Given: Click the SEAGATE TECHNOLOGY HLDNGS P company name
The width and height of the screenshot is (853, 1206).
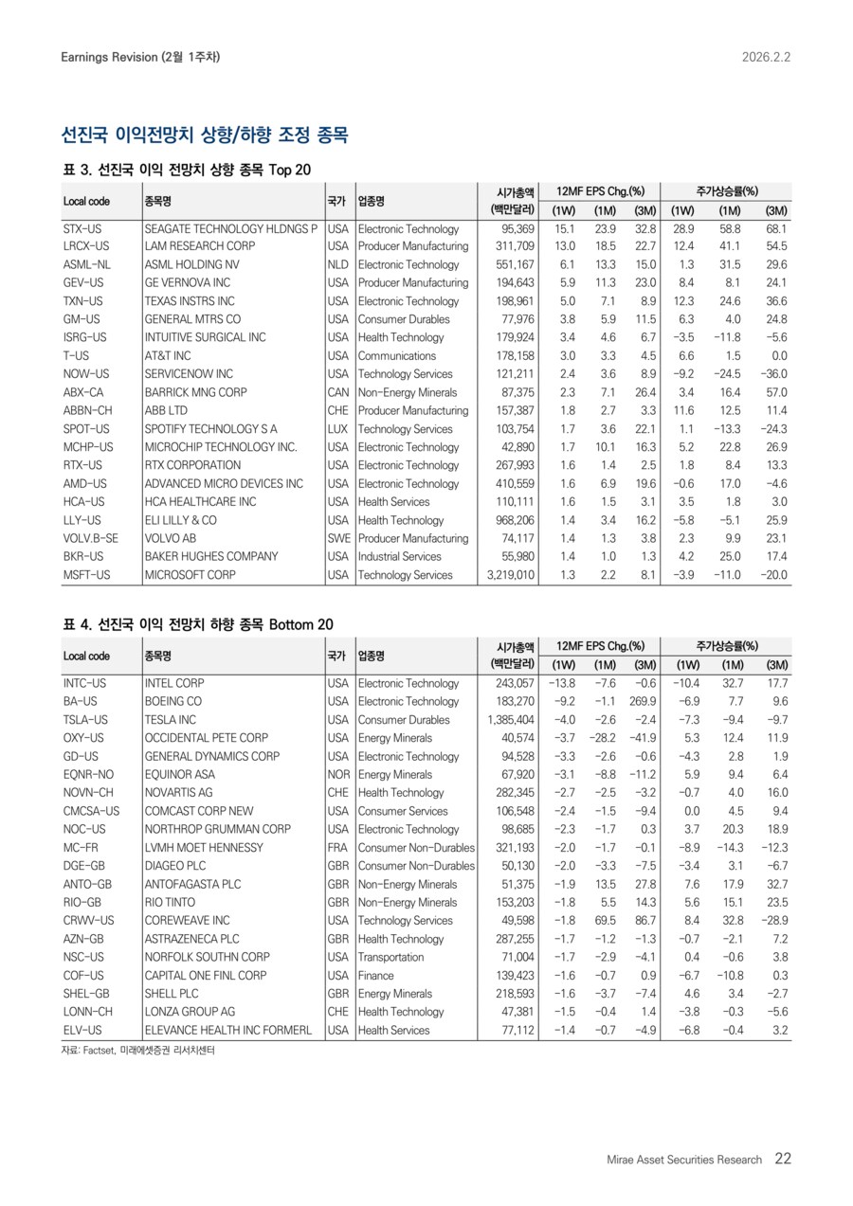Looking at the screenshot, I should pyautogui.click(x=231, y=228).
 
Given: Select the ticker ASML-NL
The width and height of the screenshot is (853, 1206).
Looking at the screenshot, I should pyautogui.click(x=87, y=265).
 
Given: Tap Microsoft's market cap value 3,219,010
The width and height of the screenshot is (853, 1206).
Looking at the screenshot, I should pyautogui.click(x=509, y=575).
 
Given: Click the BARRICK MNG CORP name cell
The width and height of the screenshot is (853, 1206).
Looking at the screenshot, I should pyautogui.click(x=195, y=392).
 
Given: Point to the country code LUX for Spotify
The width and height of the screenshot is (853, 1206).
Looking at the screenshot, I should pyautogui.click(x=337, y=429).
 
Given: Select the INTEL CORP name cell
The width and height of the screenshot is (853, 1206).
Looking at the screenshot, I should pyautogui.click(x=174, y=683).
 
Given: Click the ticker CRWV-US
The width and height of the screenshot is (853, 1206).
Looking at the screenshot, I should pyautogui.click(x=89, y=921).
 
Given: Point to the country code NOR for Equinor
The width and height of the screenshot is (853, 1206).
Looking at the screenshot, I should pyautogui.click(x=337, y=775).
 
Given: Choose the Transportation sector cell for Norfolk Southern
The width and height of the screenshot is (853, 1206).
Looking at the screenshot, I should pyautogui.click(x=390, y=957).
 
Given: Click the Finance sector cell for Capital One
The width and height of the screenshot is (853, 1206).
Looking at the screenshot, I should pyautogui.click(x=376, y=975).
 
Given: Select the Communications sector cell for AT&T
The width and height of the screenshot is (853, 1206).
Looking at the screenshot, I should pyautogui.click(x=397, y=356).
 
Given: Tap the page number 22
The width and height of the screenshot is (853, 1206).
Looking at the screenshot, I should pyautogui.click(x=783, y=1159).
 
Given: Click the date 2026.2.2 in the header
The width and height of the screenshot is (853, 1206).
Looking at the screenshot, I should pyautogui.click(x=766, y=57).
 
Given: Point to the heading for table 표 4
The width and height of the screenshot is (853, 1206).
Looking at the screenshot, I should pyautogui.click(x=197, y=624).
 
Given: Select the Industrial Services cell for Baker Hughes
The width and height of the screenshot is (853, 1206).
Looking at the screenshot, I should pyautogui.click(x=400, y=556).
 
